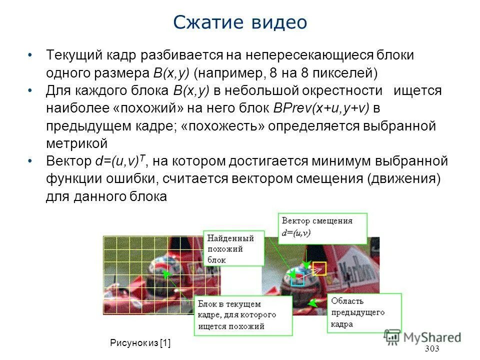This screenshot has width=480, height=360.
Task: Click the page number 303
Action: (431, 348)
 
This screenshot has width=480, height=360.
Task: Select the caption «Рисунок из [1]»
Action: (140, 342)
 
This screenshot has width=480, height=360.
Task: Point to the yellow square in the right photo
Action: (320, 268)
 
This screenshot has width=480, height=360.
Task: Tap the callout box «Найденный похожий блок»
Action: (234, 248)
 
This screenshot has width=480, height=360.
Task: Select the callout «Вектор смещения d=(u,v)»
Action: (323, 226)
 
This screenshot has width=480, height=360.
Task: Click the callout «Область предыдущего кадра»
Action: (364, 312)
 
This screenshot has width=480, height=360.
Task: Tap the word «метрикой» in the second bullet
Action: (76, 143)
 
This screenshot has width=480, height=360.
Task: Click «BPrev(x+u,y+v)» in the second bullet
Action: (320, 108)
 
